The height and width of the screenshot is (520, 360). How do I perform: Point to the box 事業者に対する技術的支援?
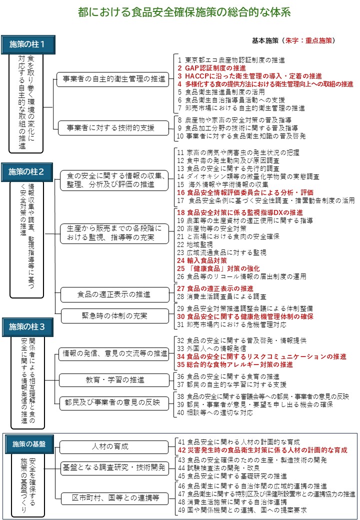point(112,128)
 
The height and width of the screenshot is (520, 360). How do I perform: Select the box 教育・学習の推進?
point(114,380)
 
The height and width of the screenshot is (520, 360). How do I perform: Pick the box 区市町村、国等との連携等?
point(114,497)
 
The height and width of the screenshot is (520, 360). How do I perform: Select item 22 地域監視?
point(194,244)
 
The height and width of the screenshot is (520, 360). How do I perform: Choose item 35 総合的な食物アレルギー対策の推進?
point(235,364)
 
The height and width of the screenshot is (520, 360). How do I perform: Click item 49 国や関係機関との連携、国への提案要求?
point(242,510)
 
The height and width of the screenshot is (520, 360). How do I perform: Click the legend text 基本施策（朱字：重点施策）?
point(293,40)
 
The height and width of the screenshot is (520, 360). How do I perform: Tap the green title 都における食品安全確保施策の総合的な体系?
point(184,12)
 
